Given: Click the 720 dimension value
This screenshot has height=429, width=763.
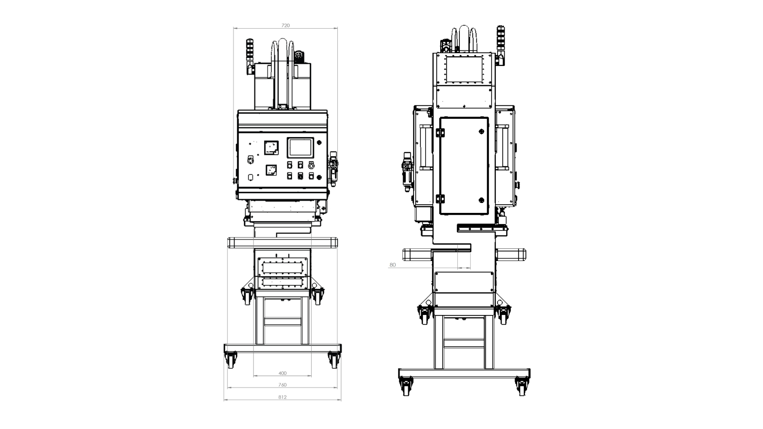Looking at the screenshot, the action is pos(285,25).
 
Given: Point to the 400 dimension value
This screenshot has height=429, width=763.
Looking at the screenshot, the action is pos(283,373).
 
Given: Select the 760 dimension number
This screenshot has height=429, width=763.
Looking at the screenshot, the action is pos(283,385).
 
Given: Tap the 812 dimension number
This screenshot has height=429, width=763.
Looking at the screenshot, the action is pos(283,397).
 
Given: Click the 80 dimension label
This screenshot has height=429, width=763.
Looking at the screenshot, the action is pos(393,265).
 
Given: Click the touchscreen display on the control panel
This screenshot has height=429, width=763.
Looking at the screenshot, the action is pos(300,148).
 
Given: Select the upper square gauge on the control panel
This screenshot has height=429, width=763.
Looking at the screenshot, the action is pos(271,148).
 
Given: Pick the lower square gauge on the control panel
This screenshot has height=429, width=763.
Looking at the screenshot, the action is pos(271,170).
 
